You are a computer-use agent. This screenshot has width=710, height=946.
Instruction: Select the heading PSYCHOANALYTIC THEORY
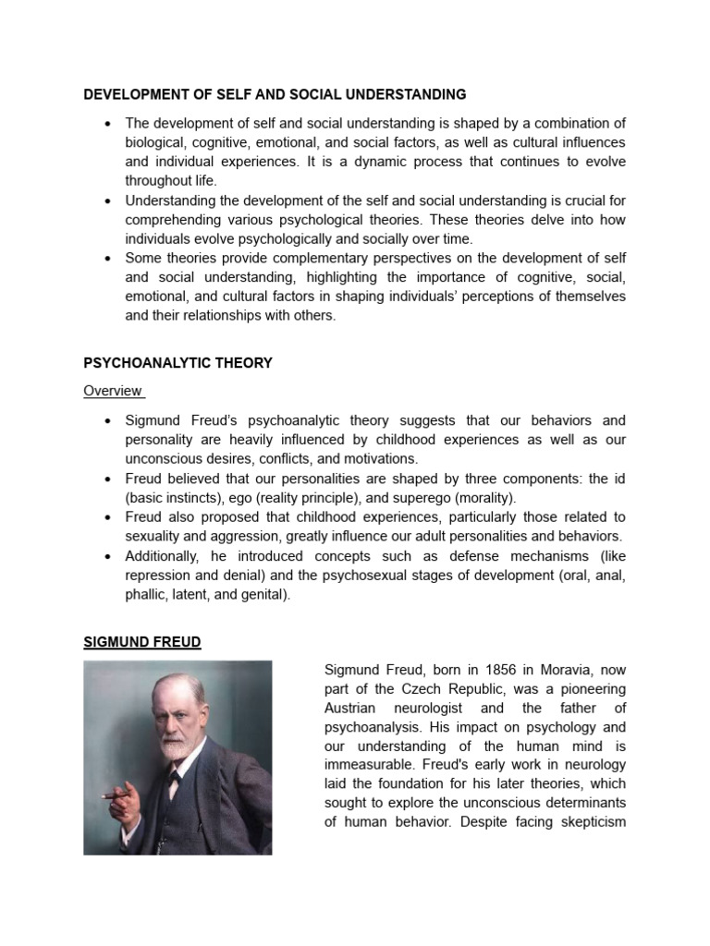[x=177, y=363]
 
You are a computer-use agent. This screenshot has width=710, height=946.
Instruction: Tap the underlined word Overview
[x=113, y=391]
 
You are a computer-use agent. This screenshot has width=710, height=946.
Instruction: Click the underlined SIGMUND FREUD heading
[x=141, y=641]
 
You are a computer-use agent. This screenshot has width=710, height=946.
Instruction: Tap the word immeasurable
[x=367, y=765]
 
